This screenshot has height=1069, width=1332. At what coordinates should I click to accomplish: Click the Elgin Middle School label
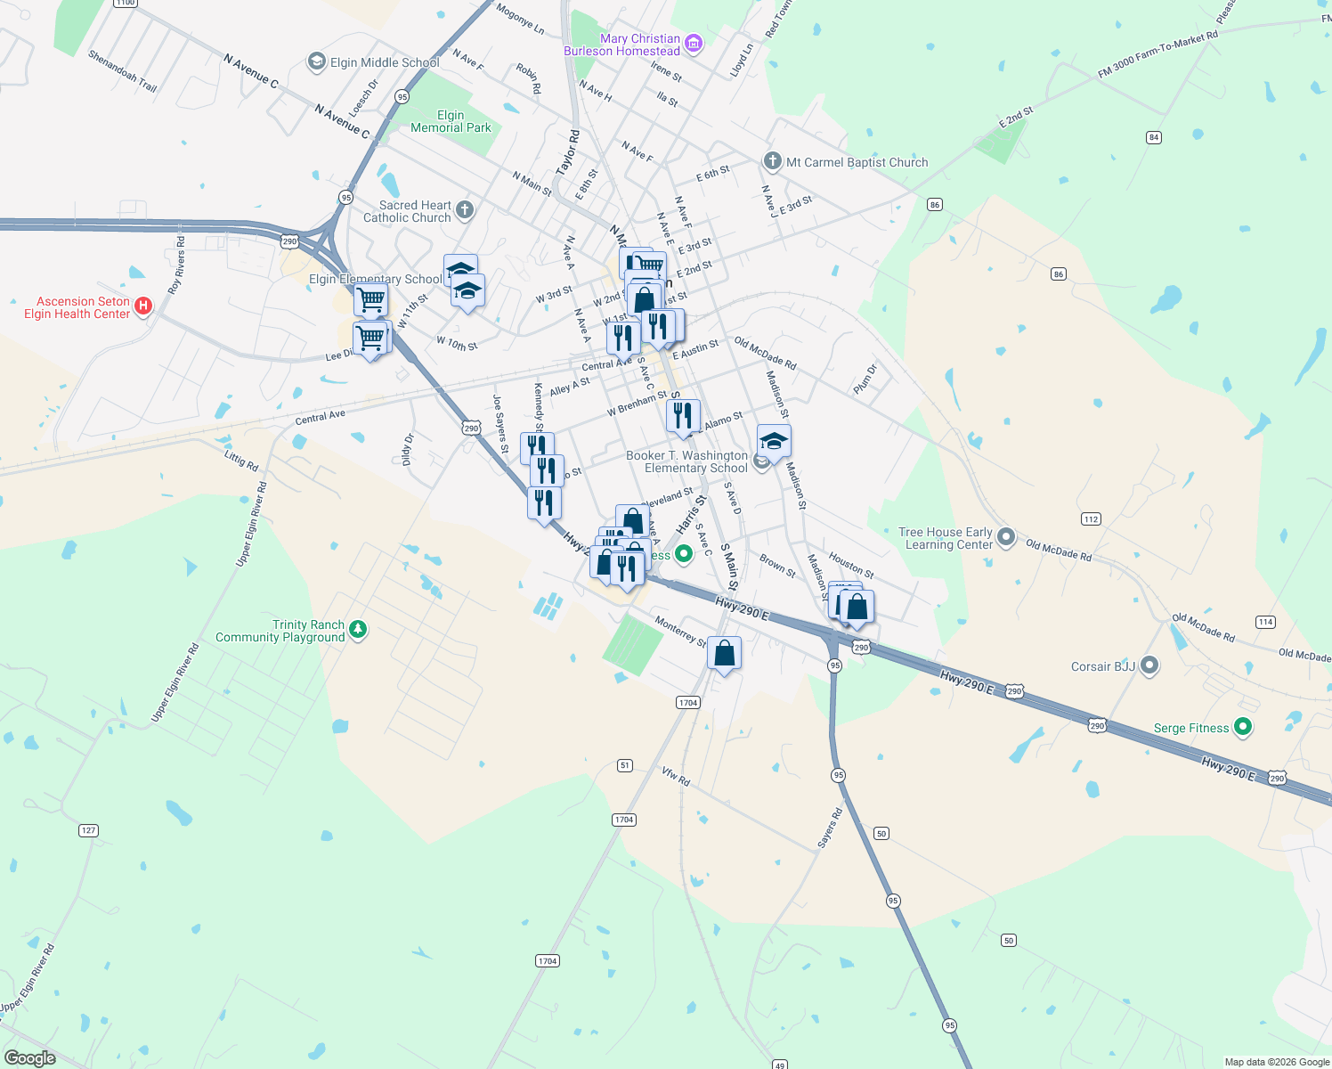point(384,62)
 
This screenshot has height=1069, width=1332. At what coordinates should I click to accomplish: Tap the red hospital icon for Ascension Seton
point(142,306)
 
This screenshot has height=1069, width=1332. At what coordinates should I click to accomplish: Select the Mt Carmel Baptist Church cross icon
point(772,161)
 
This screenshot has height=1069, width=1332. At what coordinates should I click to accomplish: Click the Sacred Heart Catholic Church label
point(415,211)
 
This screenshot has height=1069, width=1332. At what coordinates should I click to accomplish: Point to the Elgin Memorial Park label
point(451,121)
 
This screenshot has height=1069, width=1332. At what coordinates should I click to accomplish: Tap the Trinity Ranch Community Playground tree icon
point(358,630)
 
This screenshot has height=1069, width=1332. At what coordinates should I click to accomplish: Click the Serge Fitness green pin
point(1244,727)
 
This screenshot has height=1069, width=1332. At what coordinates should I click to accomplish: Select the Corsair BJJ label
point(1103,666)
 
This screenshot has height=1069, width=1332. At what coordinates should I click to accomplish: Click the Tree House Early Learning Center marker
point(1006,536)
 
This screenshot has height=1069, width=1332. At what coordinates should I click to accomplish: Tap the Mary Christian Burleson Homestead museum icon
point(694,43)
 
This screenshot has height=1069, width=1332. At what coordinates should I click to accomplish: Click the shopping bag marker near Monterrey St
point(725,654)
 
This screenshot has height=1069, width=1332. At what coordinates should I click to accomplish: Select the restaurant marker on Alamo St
point(683,416)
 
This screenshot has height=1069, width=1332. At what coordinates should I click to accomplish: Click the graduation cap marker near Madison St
point(774,441)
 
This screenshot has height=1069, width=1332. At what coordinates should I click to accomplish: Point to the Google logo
point(30,1058)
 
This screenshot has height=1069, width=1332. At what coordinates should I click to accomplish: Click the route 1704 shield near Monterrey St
point(687,703)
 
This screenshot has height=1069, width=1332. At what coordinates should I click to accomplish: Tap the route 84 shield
point(1154,137)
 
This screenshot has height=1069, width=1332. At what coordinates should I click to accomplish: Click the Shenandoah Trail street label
point(123,71)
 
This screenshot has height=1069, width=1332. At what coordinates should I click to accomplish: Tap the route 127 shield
point(88,830)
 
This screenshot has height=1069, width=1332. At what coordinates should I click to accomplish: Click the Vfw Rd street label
point(676,776)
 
